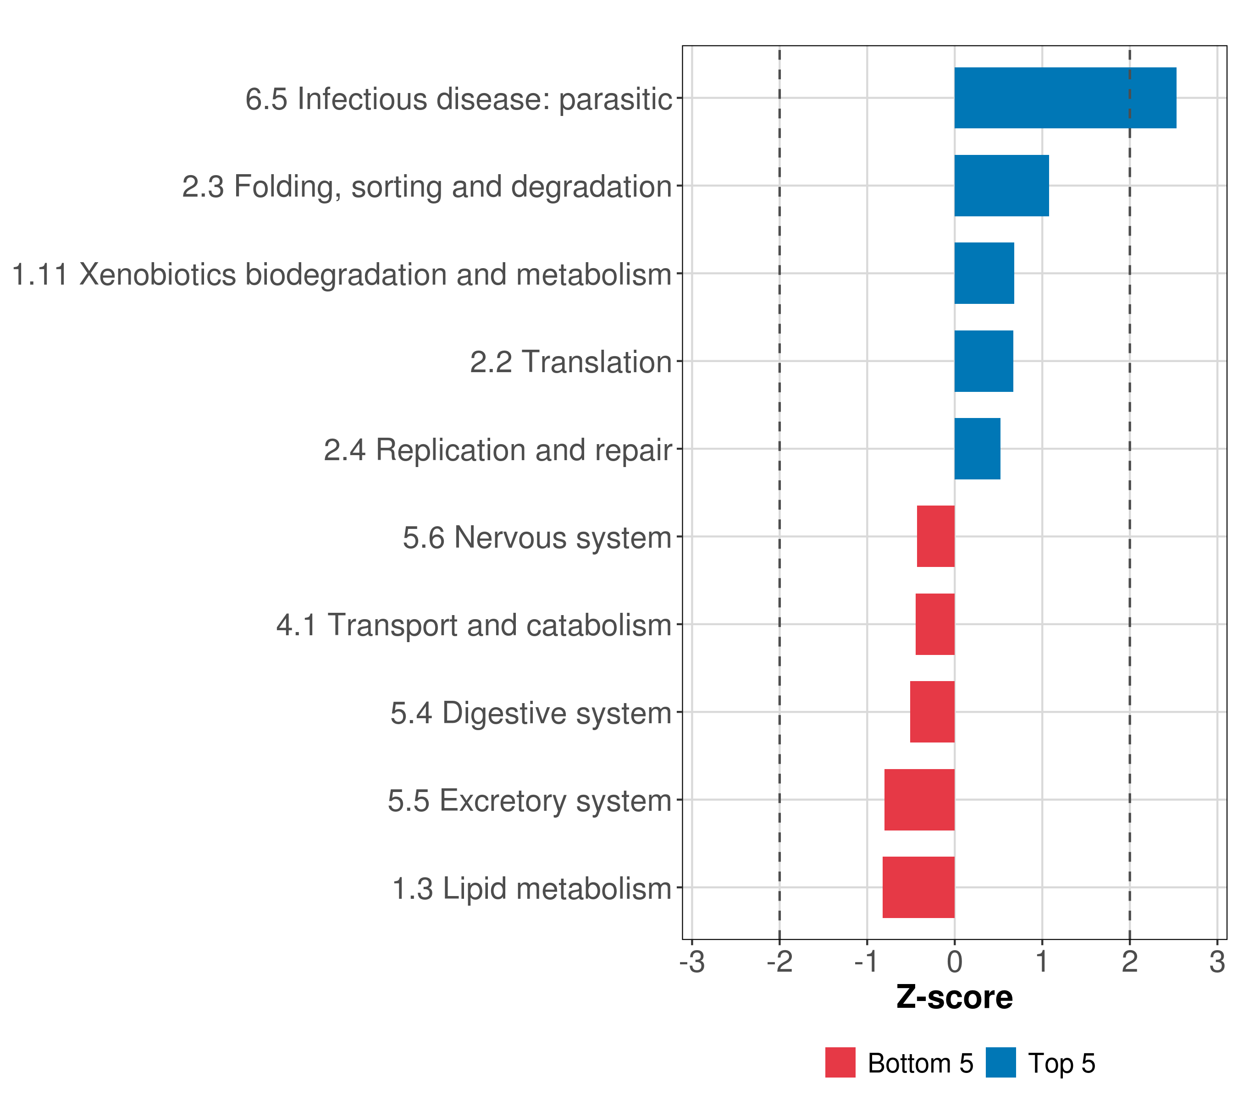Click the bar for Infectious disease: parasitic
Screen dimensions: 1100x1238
pos(1065,98)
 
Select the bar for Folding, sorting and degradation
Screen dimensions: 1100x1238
pos(1001,186)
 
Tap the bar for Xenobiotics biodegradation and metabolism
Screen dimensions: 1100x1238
pos(984,274)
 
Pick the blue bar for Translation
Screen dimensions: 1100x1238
pos(983,362)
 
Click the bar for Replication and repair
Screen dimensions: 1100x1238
pos(977,449)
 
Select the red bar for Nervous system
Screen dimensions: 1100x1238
pos(935,536)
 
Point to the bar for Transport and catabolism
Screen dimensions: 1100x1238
pos(934,624)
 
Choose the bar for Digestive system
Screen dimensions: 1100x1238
pos(932,712)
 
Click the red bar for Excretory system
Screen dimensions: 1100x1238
pos(919,800)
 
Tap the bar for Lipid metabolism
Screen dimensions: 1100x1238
pos(918,887)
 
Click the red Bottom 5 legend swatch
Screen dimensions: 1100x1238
pos(840,1062)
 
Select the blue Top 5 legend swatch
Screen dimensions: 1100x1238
pos(1000,1062)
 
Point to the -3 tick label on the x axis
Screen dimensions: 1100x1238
pos(692,962)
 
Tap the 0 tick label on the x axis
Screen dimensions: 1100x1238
pos(955,962)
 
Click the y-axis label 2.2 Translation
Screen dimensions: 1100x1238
pos(570,363)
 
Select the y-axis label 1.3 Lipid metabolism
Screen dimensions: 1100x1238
pos(532,889)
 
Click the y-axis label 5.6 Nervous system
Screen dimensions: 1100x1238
pos(537,538)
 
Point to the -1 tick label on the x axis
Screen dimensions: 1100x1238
pos(866,962)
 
